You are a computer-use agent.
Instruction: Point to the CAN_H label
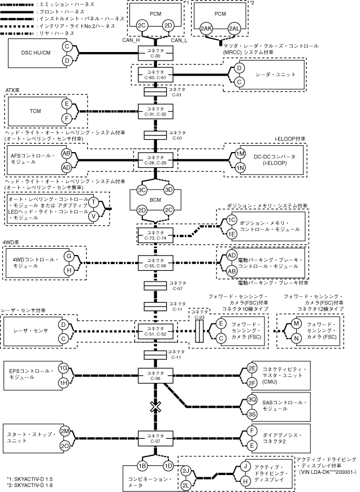click(132, 40)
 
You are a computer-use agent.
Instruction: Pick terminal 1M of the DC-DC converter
click(240, 154)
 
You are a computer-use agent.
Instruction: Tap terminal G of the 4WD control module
click(69, 256)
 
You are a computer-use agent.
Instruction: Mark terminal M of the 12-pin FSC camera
click(294, 324)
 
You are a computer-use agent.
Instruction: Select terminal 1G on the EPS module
click(64, 368)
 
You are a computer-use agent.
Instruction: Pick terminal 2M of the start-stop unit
click(65, 430)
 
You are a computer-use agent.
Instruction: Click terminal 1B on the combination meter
click(142, 465)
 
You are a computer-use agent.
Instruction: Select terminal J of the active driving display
click(245, 466)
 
